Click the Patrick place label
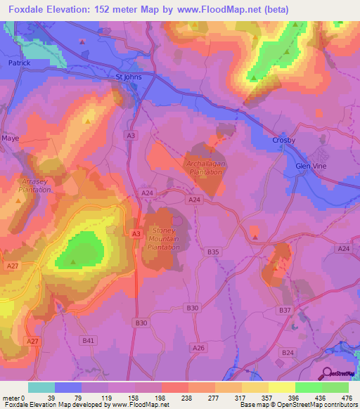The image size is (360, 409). click(x=19, y=63)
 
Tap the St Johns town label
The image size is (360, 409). click(x=129, y=79)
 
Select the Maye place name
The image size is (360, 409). click(x=11, y=138)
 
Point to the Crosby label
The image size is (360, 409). click(x=283, y=141)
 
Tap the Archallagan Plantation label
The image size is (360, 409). click(x=205, y=168)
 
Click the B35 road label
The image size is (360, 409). click(x=214, y=252)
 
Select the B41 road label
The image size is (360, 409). click(x=88, y=340)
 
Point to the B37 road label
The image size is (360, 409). click(x=285, y=310)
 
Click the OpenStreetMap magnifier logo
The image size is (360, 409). click(x=328, y=373)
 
